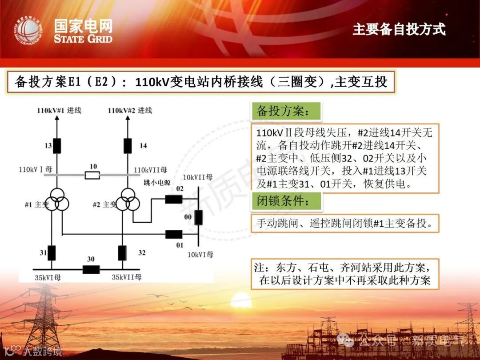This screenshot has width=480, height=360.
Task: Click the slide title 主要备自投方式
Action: pyautogui.click(x=399, y=29)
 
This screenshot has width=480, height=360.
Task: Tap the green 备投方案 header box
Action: pyautogui.click(x=286, y=112)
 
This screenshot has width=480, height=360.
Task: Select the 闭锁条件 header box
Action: pyautogui.click(x=286, y=201)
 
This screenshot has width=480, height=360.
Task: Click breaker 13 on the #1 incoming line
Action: pyautogui.click(x=57, y=146)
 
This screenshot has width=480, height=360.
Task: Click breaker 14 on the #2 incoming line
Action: pyautogui.click(x=128, y=145)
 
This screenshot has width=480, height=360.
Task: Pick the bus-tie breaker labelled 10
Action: pyautogui.click(x=92, y=175)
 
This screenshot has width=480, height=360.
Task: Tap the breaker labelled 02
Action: pyautogui.click(x=173, y=199)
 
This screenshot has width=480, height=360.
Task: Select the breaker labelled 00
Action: pyautogui.click(x=198, y=218)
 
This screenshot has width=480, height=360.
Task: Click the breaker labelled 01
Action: pyautogui.click(x=173, y=234)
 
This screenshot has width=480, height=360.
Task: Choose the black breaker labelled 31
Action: pyautogui.click(x=52, y=252)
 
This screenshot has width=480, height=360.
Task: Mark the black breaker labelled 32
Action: pyautogui.click(x=122, y=252)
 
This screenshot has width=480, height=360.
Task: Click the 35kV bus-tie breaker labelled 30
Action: pyautogui.click(x=91, y=269)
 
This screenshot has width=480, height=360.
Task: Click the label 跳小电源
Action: pyautogui.click(x=157, y=182)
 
